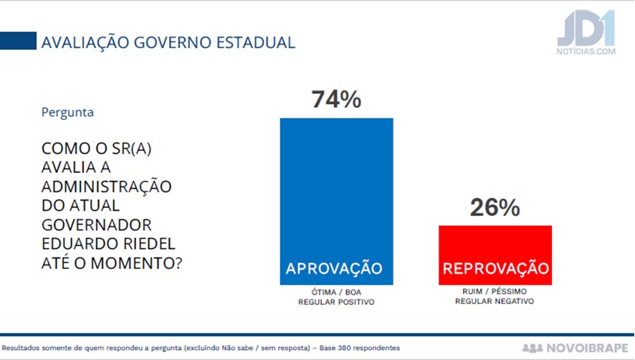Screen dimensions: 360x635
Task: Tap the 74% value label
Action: (x=336, y=100)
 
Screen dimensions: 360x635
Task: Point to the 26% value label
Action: (x=495, y=207)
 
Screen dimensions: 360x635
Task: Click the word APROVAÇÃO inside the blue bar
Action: (x=334, y=269)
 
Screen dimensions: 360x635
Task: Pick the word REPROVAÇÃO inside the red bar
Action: (x=496, y=269)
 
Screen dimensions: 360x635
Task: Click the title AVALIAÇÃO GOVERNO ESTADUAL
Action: (x=168, y=42)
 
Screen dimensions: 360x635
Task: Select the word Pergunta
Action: (x=67, y=112)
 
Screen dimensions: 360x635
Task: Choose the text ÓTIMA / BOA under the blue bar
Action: (x=336, y=293)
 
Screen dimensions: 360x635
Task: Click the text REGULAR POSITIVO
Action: (x=336, y=303)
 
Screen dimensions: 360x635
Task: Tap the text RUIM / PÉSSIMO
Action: (x=495, y=293)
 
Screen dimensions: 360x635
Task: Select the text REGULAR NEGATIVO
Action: (x=495, y=303)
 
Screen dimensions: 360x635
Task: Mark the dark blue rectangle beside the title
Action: (x=18, y=41)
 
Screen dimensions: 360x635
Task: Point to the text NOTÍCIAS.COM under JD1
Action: (x=586, y=52)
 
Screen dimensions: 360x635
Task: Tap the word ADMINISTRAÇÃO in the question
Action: (x=107, y=187)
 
